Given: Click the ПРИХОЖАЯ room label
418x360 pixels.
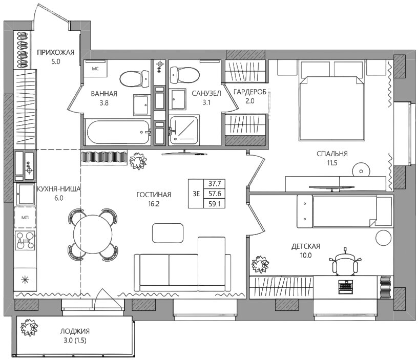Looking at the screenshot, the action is (55, 52).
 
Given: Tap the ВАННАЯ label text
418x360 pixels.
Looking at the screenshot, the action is (104, 94).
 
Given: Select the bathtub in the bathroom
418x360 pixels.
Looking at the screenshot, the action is (117, 133).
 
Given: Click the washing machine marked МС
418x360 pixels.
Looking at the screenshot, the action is (95, 69).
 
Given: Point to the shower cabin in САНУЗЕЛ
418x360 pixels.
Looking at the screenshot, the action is (184, 130).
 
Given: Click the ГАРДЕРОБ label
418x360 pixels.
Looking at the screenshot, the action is (250, 92).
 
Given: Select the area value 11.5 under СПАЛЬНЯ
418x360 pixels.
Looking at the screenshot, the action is (332, 163).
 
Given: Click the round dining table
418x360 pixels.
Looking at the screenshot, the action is (93, 234).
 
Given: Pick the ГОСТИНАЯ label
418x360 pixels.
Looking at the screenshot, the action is (154, 195).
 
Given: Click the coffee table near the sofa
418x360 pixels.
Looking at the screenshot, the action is (168, 233).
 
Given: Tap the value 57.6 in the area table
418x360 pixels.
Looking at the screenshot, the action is (215, 194).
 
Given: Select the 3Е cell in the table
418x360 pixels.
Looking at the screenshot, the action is (196, 194).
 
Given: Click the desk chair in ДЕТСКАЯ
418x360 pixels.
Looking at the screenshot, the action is (345, 263).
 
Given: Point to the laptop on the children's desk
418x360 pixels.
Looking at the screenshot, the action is (345, 287).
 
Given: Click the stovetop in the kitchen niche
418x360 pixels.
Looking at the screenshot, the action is (25, 241).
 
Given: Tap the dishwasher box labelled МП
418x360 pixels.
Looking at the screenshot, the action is (25, 218).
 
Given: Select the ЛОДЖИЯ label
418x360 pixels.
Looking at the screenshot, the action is (75, 331).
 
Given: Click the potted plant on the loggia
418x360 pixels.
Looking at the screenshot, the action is (29, 327).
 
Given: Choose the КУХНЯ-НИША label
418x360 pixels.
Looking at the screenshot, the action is (58, 189).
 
